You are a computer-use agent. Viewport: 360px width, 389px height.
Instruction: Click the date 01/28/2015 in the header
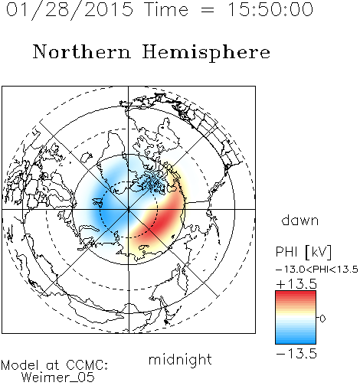click(x=70, y=9)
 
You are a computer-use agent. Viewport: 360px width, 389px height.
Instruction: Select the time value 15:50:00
click(x=270, y=9)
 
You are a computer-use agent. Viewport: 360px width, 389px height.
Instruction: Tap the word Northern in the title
click(x=82, y=52)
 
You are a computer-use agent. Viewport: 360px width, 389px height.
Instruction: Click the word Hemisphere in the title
click(x=206, y=53)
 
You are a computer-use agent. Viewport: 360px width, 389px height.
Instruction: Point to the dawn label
click(x=300, y=221)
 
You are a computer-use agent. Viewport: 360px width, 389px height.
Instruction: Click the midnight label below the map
click(x=180, y=360)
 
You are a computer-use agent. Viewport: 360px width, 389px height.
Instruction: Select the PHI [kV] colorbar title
click(x=303, y=252)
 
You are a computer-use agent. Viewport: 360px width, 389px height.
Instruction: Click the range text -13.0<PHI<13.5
click(x=317, y=270)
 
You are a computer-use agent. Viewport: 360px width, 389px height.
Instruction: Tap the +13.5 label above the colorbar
click(x=296, y=284)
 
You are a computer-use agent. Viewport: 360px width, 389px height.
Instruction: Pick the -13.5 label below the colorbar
click(x=296, y=354)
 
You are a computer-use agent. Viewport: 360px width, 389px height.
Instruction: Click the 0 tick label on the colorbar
click(x=322, y=319)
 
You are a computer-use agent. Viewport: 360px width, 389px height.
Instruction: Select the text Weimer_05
click(x=58, y=378)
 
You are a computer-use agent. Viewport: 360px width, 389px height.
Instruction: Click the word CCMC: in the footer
click(x=87, y=365)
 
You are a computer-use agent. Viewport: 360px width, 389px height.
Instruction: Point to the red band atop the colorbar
click(x=296, y=296)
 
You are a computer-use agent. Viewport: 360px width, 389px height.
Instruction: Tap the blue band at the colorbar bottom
click(x=296, y=338)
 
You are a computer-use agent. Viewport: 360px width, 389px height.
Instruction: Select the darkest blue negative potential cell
click(x=105, y=207)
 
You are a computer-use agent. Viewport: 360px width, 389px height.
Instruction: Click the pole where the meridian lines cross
click(x=128, y=209)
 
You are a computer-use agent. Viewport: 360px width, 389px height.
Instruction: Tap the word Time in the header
click(x=166, y=9)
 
